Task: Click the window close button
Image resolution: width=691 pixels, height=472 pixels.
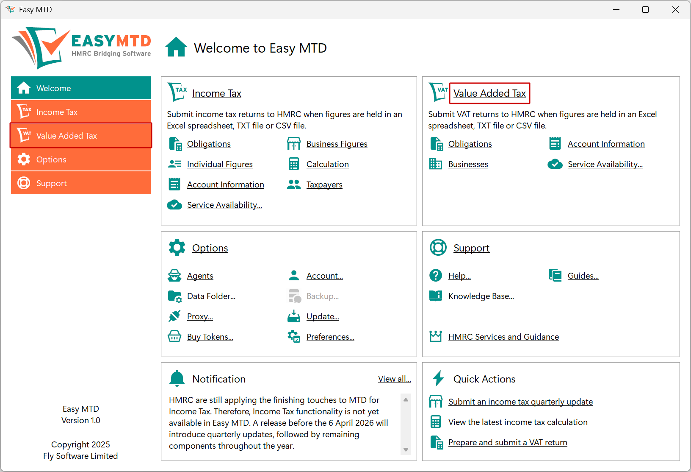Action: [x=675, y=10]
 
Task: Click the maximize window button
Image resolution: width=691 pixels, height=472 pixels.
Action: [x=645, y=10]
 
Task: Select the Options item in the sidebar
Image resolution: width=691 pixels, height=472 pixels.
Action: [x=81, y=159]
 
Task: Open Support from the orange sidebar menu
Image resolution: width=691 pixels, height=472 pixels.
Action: [x=81, y=183]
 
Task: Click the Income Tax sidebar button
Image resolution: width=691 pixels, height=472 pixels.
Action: [x=81, y=112]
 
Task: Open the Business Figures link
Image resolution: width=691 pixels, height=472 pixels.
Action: [x=337, y=144]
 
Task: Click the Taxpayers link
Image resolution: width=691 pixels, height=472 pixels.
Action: [x=324, y=185]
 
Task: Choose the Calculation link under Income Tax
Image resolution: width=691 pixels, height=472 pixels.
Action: [x=328, y=165]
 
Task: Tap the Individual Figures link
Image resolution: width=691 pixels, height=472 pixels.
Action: [x=220, y=165]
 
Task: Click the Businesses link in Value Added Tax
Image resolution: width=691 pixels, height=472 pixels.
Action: [x=468, y=165]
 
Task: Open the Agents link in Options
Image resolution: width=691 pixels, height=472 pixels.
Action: [x=200, y=276]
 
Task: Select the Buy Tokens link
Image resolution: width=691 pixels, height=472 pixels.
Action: [x=210, y=337]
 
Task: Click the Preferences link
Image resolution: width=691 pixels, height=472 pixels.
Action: [x=330, y=337]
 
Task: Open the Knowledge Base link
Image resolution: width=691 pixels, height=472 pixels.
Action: [x=481, y=296]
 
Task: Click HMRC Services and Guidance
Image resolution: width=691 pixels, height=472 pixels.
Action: [x=503, y=337]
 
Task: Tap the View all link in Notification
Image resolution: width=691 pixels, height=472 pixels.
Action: [x=395, y=379]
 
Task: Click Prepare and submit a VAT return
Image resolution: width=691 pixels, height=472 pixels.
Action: [x=508, y=443]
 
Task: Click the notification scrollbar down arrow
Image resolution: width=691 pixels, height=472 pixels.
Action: [x=406, y=450]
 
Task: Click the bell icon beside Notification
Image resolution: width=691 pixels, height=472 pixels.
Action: [x=177, y=378]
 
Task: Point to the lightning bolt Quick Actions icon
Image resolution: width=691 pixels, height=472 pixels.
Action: [x=438, y=378]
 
